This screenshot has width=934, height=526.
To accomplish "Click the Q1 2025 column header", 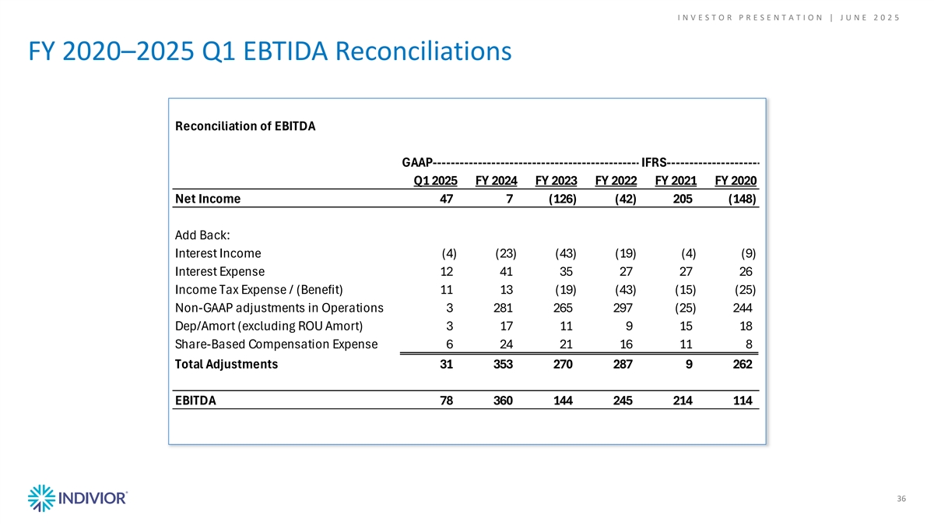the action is [435, 181].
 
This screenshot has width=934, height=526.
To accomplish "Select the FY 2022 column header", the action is [616, 181].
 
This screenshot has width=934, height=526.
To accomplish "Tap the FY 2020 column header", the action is [736, 181].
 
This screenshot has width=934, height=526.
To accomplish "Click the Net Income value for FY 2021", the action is [683, 199].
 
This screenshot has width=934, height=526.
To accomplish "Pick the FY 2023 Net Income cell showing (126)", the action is [563, 199].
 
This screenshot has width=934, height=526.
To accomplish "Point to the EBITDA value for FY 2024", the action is [503, 401].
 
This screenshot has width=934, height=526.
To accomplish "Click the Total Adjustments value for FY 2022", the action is [623, 365].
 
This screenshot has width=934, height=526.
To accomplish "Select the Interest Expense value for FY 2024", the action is [506, 272].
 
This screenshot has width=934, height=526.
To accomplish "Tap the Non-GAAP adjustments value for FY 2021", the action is [686, 308].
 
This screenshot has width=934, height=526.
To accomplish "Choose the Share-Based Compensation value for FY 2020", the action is [749, 344].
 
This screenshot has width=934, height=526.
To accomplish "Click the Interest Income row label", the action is [218, 253].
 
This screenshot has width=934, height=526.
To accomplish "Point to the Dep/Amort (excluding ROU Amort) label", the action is [269, 326].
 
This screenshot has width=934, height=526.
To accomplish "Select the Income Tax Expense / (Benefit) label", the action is [259, 290].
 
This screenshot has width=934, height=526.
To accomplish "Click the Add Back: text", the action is [202, 235].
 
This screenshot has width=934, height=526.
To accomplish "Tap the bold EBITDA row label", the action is [195, 401].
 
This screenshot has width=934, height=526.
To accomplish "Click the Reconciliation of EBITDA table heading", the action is [245, 126].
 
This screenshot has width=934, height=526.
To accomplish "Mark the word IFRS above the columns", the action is [653, 162].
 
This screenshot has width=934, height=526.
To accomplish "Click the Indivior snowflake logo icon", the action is [41, 498].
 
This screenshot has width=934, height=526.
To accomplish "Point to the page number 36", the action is [901, 499].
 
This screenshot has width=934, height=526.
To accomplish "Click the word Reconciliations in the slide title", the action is [423, 51].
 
